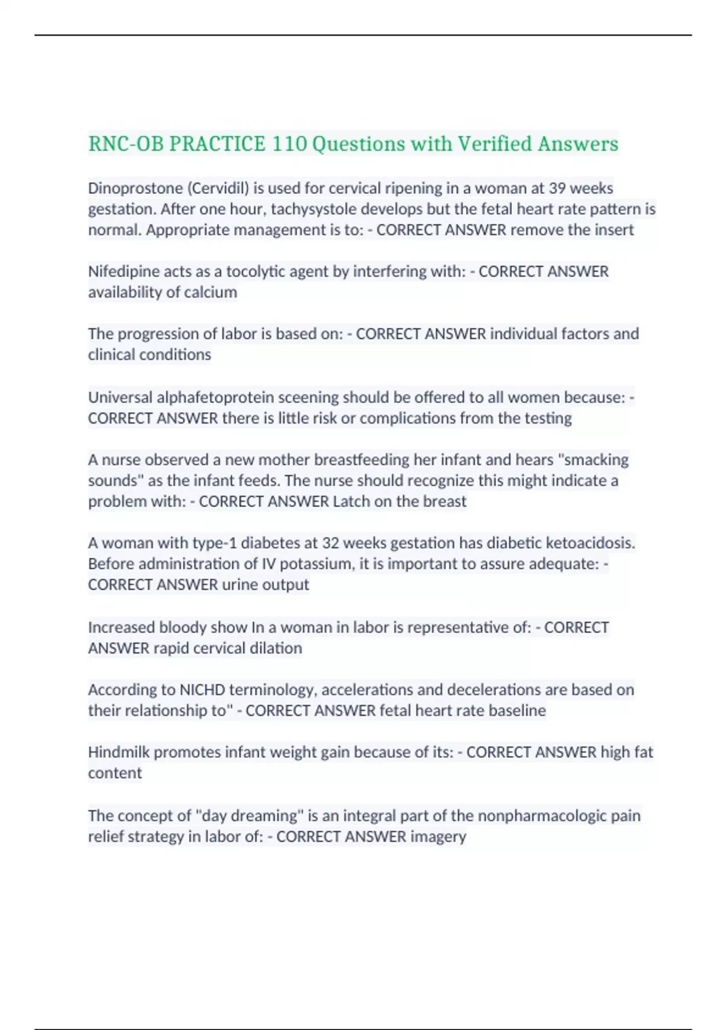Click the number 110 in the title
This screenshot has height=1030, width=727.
tap(289, 144)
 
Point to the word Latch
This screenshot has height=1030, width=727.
tap(351, 502)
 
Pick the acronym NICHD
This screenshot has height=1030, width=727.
tap(202, 690)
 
